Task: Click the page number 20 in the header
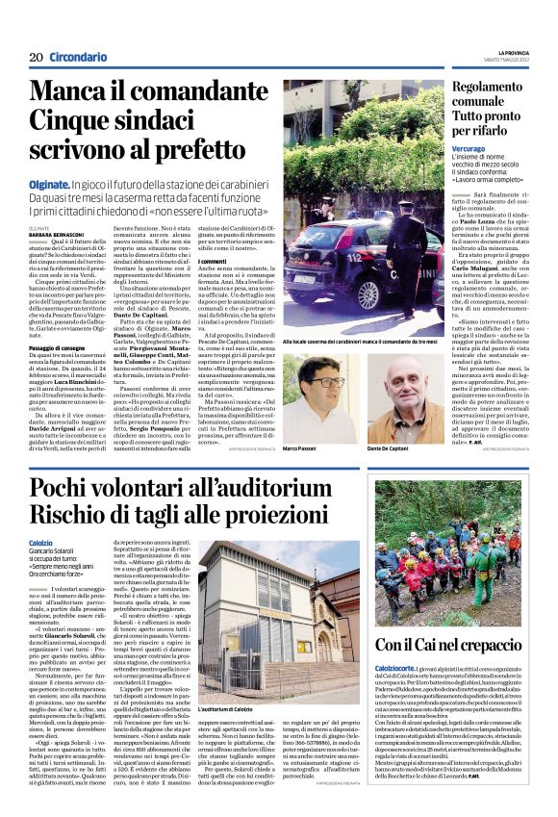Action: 36,57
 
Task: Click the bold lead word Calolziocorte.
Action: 400,667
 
